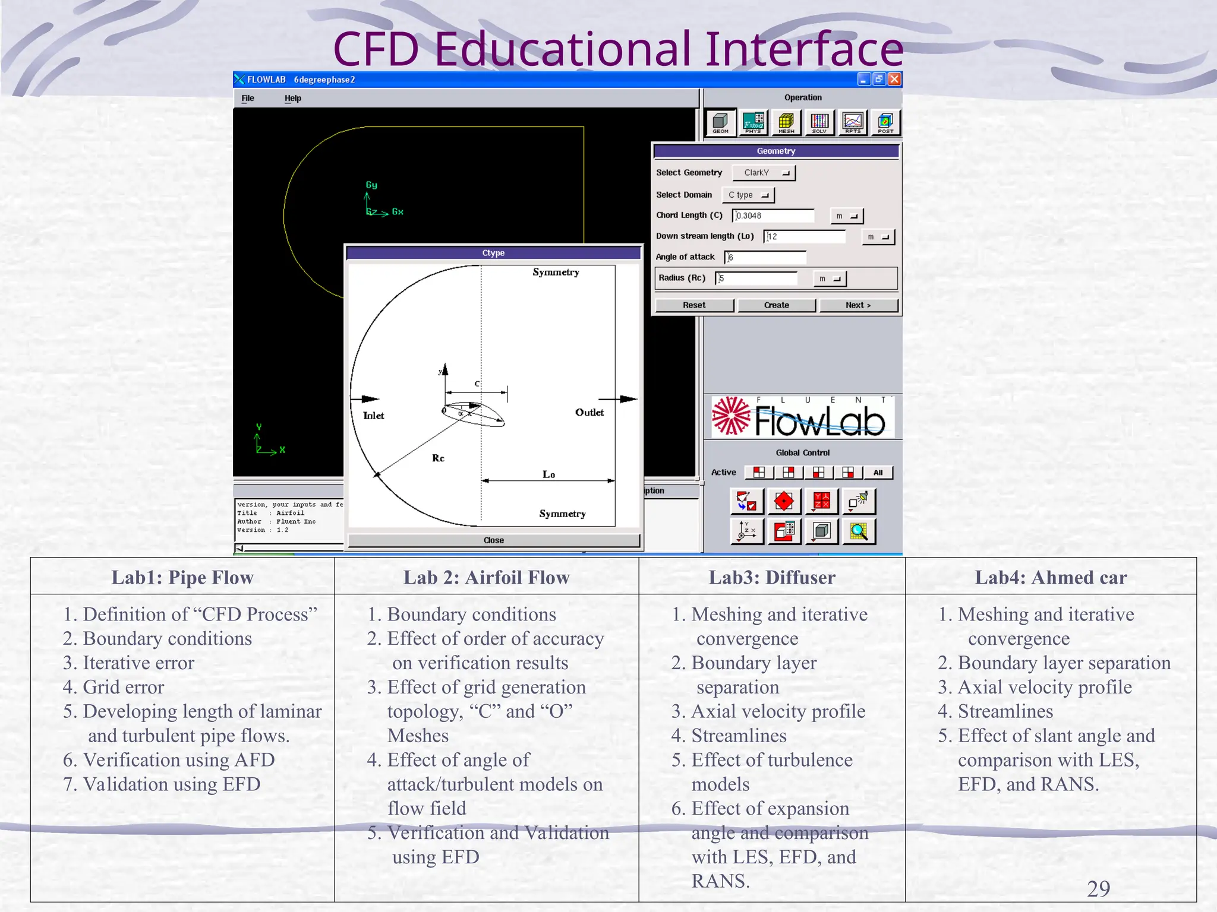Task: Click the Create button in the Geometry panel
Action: (776, 305)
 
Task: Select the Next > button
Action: (857, 305)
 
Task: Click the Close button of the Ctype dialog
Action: (493, 540)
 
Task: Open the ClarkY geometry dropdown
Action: (764, 173)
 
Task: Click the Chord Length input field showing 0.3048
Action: (773, 216)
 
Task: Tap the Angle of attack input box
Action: (765, 257)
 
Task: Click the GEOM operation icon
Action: (720, 123)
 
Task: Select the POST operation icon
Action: (885, 123)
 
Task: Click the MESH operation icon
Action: (786, 123)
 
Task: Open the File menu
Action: (248, 99)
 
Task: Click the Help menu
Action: (292, 99)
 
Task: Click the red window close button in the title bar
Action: (894, 80)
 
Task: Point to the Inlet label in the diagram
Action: (373, 416)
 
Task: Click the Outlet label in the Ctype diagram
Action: (589, 413)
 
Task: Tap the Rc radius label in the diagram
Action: (438, 458)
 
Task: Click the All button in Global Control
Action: (878, 473)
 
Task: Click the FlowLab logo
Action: (802, 417)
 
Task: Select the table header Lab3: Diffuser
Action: (771, 577)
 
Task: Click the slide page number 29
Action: (1098, 889)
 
